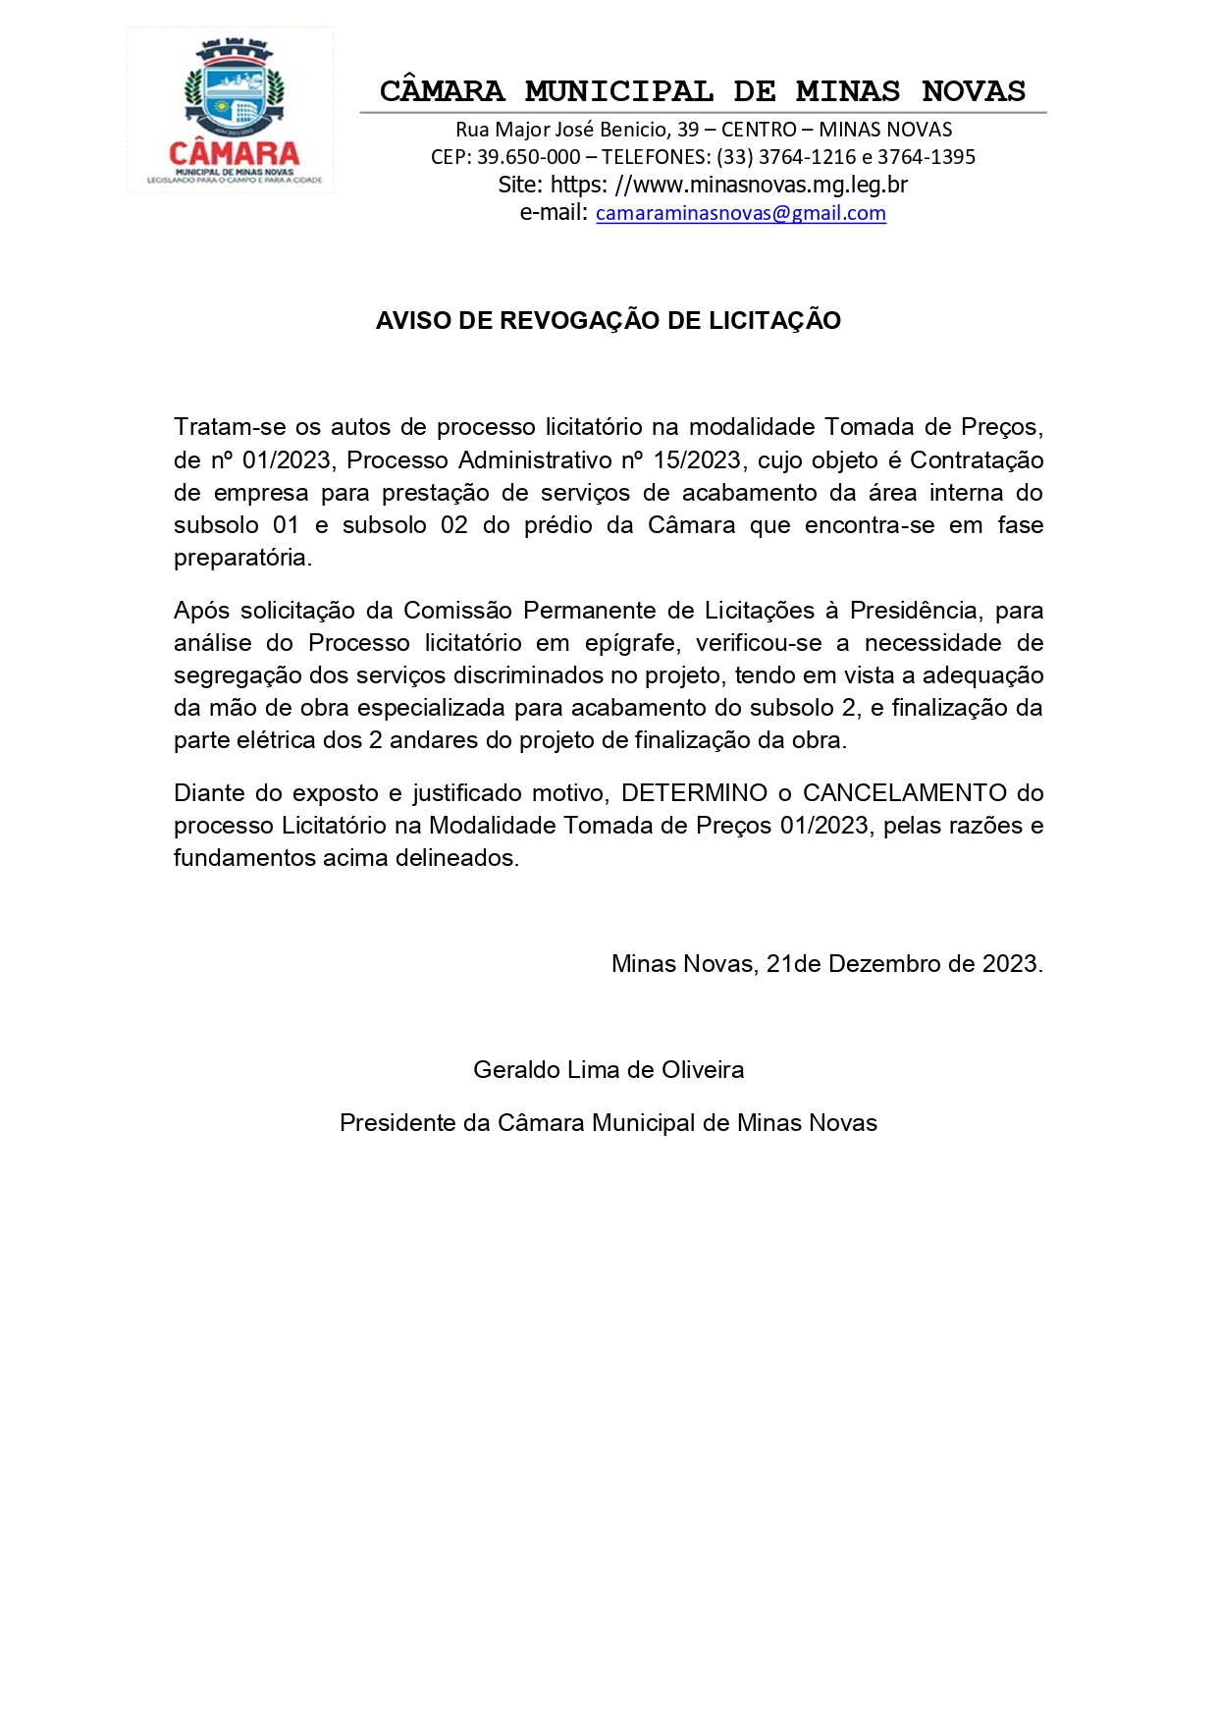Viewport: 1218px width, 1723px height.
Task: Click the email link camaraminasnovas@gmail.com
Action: pyautogui.click(x=740, y=213)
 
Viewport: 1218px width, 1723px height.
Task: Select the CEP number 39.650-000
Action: pyautogui.click(x=528, y=157)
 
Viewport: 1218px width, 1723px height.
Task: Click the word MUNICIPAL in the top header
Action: pyautogui.click(x=618, y=91)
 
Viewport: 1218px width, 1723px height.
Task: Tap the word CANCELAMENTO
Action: pyautogui.click(x=904, y=793)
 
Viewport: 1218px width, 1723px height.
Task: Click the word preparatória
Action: pyautogui.click(x=242, y=558)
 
